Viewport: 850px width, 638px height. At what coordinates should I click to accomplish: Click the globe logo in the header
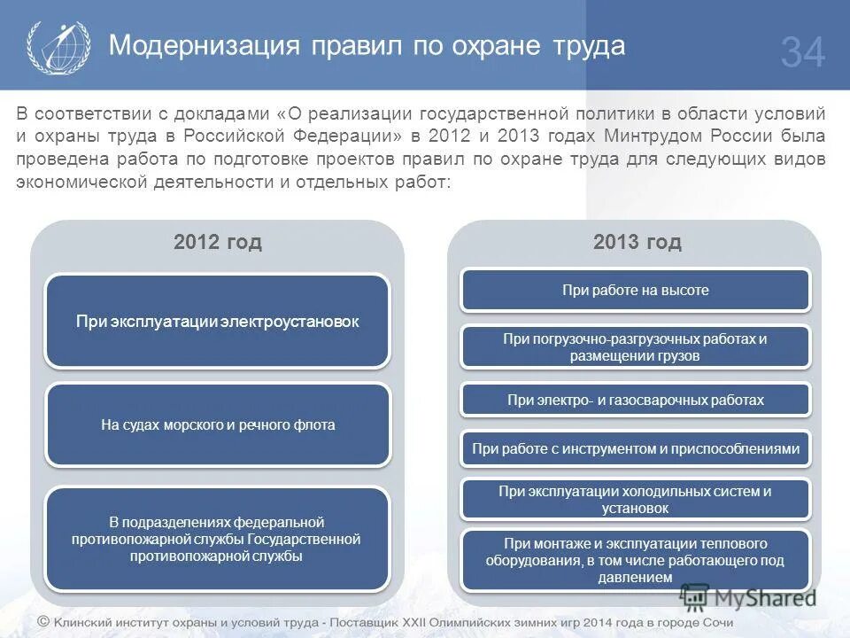click(x=58, y=47)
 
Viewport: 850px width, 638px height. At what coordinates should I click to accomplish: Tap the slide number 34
click(x=802, y=53)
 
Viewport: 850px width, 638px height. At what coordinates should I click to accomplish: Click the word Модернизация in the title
click(x=205, y=46)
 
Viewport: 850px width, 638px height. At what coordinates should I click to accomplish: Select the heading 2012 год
click(x=218, y=243)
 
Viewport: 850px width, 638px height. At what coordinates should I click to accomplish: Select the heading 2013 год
click(x=637, y=243)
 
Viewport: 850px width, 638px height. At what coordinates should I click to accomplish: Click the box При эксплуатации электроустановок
click(x=218, y=321)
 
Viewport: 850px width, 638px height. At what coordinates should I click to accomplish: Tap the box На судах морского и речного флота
click(x=218, y=424)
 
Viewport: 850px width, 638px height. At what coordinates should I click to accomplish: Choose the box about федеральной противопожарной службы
click(x=218, y=539)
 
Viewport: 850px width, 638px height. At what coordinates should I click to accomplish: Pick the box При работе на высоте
click(x=636, y=290)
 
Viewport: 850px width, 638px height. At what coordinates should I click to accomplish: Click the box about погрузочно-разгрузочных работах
click(x=636, y=346)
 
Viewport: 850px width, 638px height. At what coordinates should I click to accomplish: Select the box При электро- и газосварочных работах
click(x=636, y=400)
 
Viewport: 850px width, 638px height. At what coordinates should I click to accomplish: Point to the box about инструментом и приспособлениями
click(x=636, y=448)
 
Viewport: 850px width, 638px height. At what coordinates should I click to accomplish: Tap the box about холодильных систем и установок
click(x=636, y=499)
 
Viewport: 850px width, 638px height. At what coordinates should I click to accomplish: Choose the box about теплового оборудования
click(x=636, y=560)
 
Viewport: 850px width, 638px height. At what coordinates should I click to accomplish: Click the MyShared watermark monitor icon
click(x=695, y=596)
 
